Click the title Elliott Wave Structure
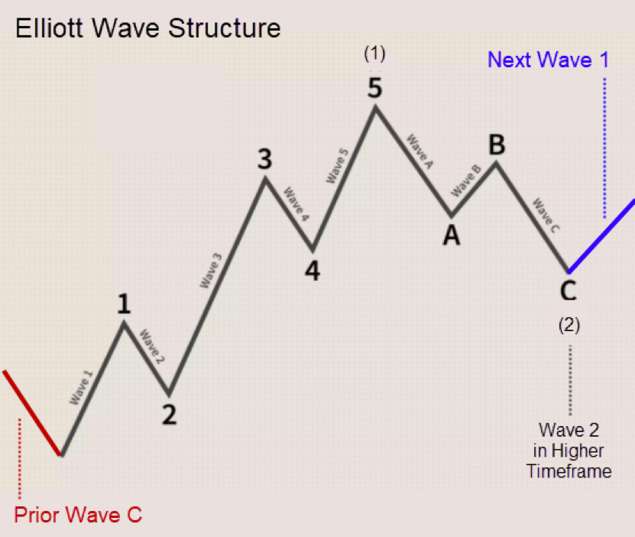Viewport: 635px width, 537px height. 147,28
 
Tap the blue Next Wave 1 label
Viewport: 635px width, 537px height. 549,60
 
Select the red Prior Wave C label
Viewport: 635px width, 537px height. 78,515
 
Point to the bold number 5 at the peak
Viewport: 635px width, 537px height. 374,88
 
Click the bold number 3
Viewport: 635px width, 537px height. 265,159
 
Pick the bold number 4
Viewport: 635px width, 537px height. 313,271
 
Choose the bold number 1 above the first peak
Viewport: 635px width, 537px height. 124,304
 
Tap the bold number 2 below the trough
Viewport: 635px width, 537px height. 170,415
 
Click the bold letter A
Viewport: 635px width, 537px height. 452,236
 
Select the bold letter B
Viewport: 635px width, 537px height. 497,145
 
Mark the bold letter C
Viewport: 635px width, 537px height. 569,291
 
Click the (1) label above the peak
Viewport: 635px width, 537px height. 374,54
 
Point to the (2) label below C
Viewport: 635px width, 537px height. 569,325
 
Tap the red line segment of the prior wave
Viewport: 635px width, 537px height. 32,412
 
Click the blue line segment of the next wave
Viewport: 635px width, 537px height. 601,236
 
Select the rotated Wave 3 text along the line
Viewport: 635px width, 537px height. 211,270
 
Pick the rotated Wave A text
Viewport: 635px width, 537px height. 420,151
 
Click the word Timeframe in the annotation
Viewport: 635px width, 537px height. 569,471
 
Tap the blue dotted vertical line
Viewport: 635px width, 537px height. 604,148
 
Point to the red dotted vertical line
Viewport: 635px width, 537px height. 19,459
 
